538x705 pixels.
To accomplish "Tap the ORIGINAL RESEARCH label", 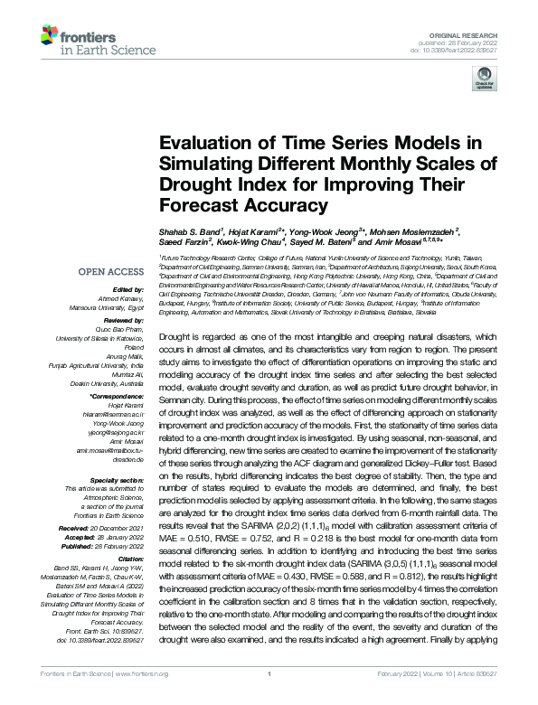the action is pos(477,30).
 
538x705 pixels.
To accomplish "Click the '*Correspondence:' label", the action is pos(118,397).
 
